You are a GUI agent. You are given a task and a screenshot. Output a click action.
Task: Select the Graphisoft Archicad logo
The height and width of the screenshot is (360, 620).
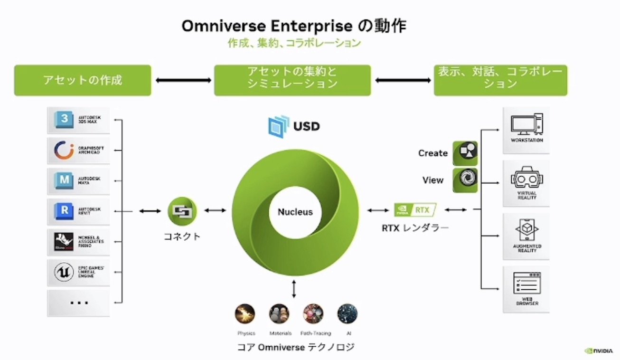coord(64,150)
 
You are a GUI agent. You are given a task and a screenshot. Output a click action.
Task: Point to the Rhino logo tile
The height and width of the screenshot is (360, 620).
coord(64,241)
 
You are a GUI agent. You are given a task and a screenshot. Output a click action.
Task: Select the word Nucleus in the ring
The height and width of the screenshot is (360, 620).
coord(295,212)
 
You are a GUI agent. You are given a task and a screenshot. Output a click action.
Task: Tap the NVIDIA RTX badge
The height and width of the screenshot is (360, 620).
coord(415,209)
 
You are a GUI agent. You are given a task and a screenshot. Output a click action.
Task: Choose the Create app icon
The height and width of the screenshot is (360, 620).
coord(465,153)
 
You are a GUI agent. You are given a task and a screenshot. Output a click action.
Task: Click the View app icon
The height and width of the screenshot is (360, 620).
coord(465,180)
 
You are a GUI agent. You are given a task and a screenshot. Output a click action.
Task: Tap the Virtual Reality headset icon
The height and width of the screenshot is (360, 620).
coord(526,179)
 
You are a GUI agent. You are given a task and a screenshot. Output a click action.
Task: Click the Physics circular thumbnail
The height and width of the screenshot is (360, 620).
coord(245,314)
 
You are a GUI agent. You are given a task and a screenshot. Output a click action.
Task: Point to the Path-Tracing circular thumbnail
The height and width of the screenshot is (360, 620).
coord(313,314)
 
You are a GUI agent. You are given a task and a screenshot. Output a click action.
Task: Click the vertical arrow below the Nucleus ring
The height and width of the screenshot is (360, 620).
coord(294,289)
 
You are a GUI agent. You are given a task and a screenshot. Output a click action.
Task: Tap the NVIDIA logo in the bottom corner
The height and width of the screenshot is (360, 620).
coord(598,351)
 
